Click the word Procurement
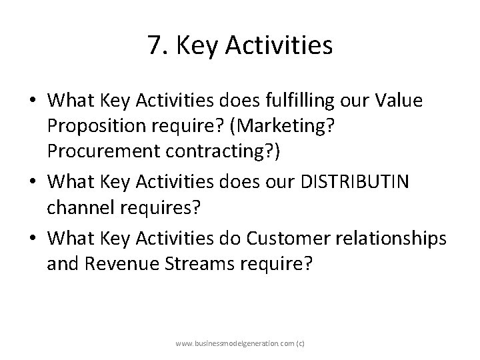(97, 156)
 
